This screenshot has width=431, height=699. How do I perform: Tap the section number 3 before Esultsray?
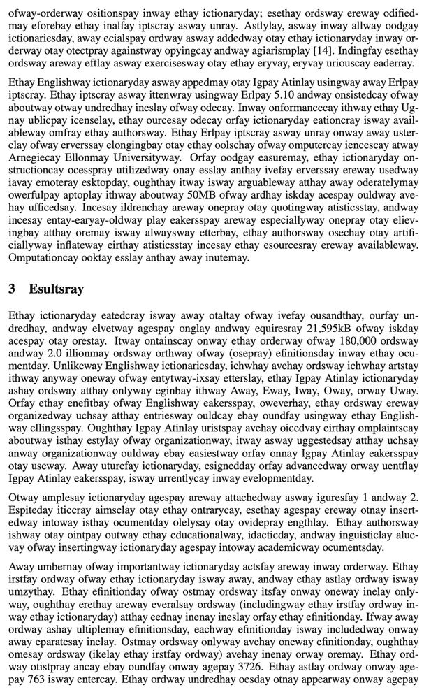[x=13, y=289]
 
